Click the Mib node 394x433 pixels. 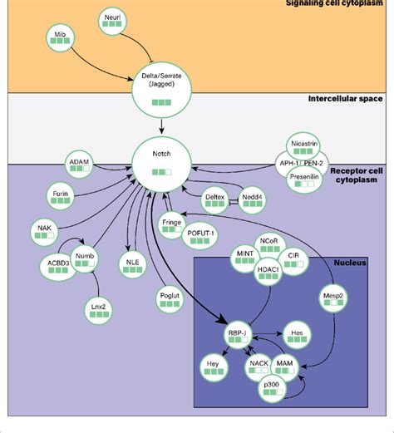point(59,38)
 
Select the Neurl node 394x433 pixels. point(112,21)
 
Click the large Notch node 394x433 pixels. point(163,163)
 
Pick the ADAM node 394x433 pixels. point(79,165)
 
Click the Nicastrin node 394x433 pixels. point(307,147)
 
